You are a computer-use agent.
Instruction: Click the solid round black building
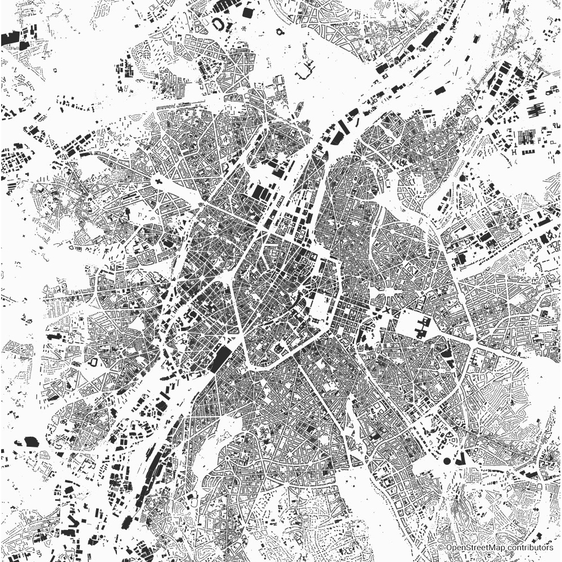coord(447,461)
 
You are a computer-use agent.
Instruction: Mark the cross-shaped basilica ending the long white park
coord(159,182)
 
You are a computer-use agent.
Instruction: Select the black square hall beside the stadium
coord(248,11)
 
